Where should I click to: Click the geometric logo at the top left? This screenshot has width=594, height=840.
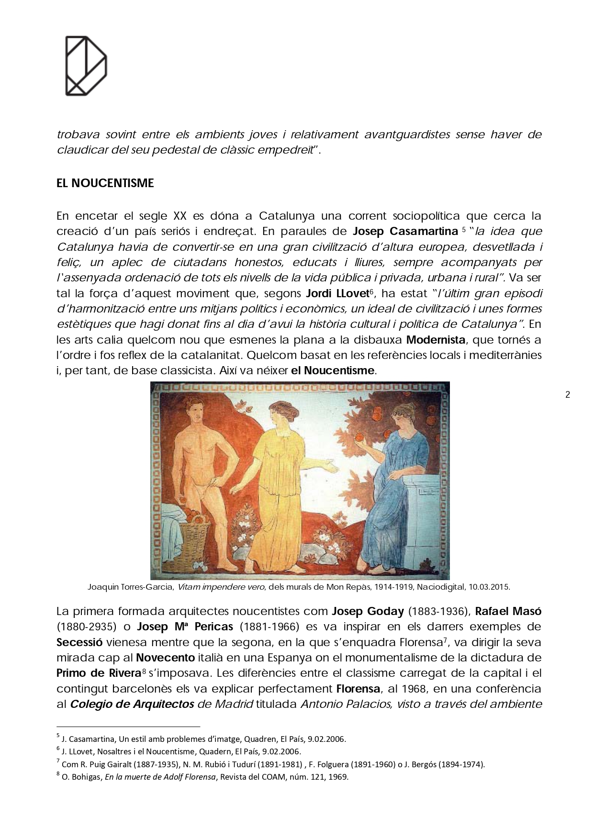point(86,66)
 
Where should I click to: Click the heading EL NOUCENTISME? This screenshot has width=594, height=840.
point(105,183)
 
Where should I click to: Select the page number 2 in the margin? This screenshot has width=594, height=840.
point(568,395)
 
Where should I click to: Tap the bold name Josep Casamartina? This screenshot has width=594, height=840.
point(405,231)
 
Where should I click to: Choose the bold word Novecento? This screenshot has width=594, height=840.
point(165,657)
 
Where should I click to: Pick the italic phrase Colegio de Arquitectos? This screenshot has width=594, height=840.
point(132,704)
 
